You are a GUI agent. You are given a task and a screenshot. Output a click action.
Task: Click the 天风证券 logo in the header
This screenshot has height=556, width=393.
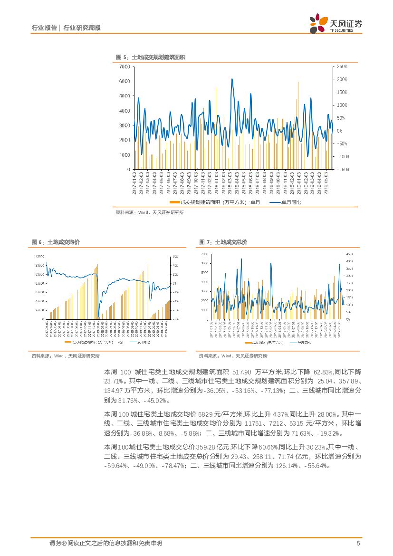pyautogui.click(x=335, y=22)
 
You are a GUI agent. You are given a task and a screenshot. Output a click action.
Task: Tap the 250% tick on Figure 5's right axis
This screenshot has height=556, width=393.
pyautogui.click(x=342, y=66)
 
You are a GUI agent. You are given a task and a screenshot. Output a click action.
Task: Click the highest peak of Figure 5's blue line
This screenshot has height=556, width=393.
pyautogui.click(x=232, y=79)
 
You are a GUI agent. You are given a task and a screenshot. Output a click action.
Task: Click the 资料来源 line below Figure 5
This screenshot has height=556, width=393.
pyautogui.click(x=150, y=213)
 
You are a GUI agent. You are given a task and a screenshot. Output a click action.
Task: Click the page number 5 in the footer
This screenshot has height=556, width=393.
pyautogui.click(x=358, y=543)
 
